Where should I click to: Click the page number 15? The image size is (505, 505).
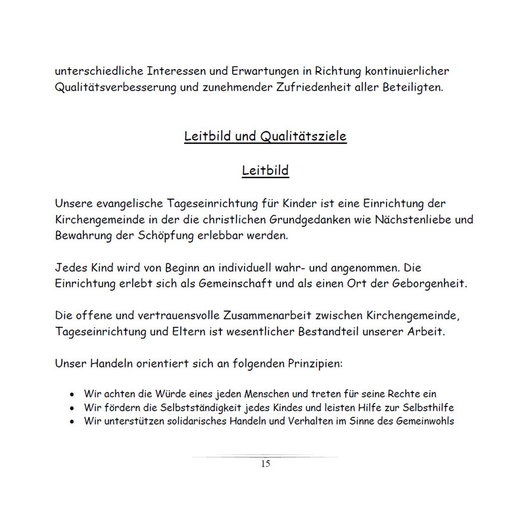click(265, 464)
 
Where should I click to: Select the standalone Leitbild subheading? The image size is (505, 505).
click(265, 171)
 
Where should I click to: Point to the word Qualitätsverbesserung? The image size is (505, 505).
click(116, 87)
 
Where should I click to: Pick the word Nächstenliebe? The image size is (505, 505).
click(408, 220)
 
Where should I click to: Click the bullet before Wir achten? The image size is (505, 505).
click(72, 395)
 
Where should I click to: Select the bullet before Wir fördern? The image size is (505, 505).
click(72, 408)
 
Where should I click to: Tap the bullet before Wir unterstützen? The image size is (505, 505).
click(72, 421)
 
